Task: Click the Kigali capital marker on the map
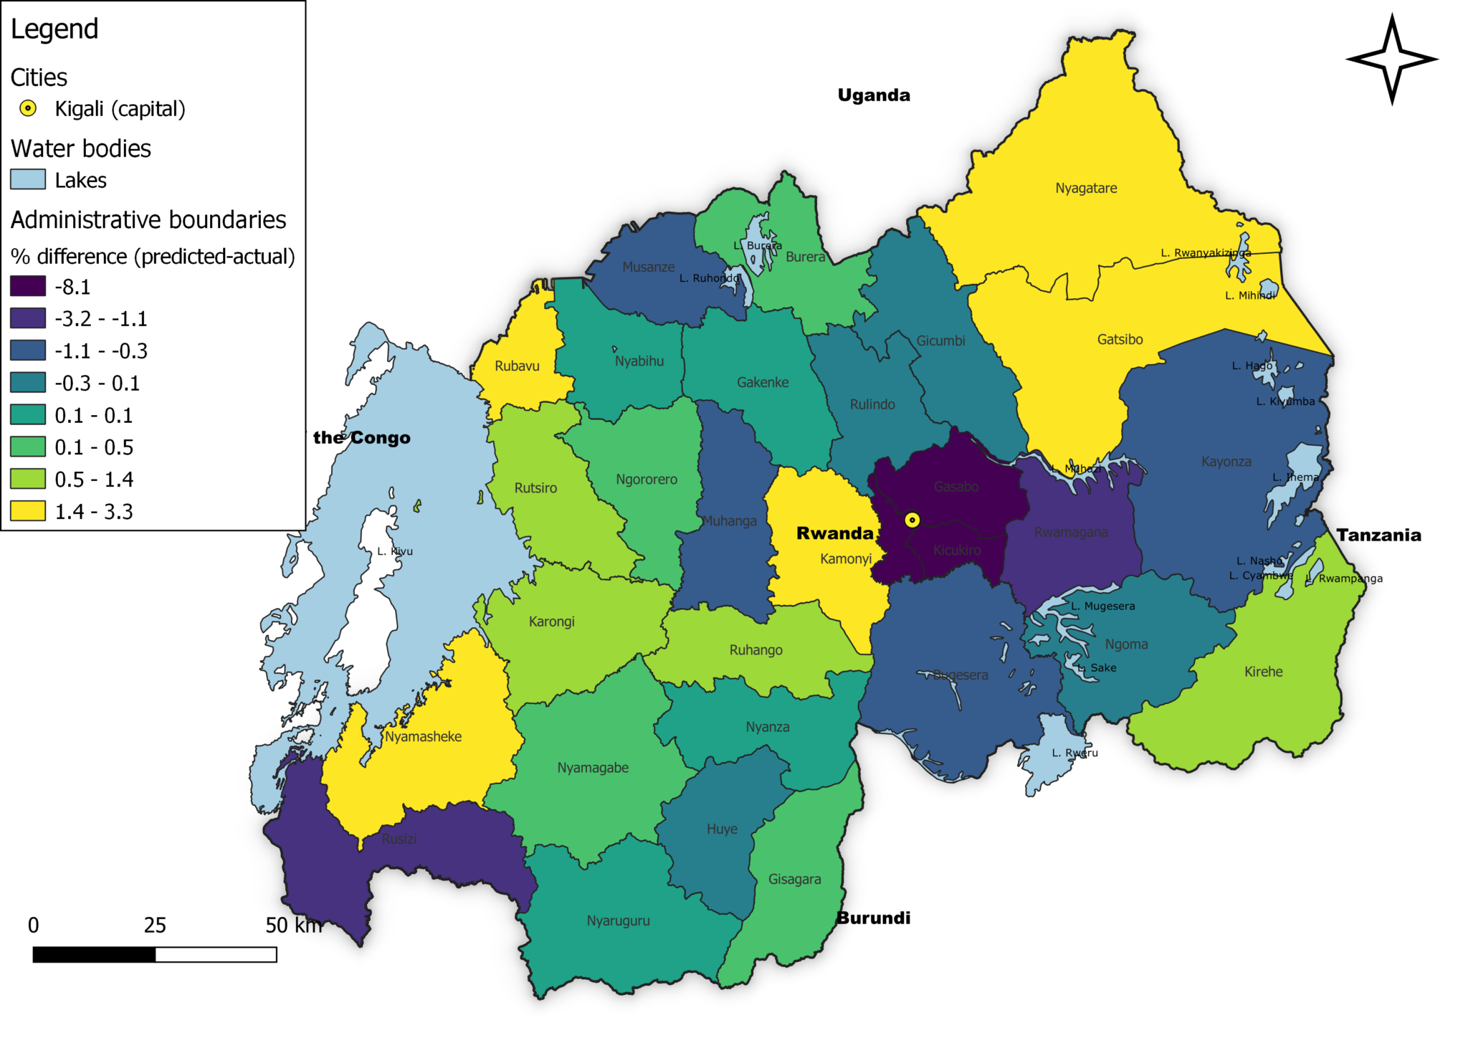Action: (912, 520)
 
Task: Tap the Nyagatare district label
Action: (1085, 188)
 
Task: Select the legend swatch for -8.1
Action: (28, 286)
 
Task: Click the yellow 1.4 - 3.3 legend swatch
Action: (28, 511)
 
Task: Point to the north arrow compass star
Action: (1391, 59)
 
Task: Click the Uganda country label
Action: (873, 95)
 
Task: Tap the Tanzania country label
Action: (1378, 535)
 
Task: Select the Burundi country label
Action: (873, 918)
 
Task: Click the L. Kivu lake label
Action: (395, 551)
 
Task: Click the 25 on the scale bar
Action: (155, 925)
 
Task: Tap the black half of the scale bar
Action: (94, 955)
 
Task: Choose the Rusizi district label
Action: (399, 839)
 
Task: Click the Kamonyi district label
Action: (845, 558)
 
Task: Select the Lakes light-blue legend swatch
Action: (28, 179)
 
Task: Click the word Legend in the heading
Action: (54, 29)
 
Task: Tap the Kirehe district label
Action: (1263, 672)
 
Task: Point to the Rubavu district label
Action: (516, 366)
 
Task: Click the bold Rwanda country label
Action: (834, 533)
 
